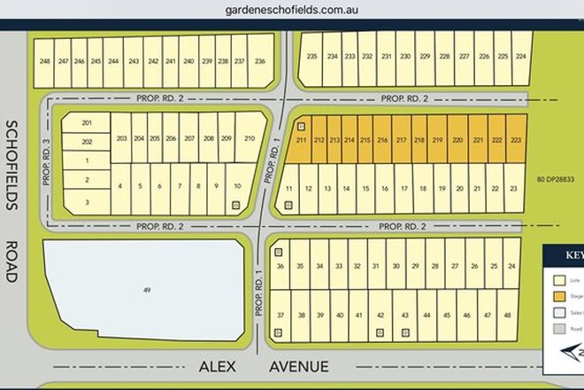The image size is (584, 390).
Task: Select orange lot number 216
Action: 383,140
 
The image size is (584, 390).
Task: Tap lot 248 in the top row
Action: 45,61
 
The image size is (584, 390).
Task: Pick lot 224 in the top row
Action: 521,57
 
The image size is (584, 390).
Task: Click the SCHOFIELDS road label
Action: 11,165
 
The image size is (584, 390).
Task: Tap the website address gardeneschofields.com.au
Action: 290,12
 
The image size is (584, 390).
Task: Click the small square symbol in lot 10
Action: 235,205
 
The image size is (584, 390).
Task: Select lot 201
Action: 87,122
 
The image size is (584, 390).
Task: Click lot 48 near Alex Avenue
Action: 507,316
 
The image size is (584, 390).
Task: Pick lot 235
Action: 311,57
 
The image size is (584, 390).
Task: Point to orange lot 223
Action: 516,140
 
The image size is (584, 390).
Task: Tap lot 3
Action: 87,202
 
